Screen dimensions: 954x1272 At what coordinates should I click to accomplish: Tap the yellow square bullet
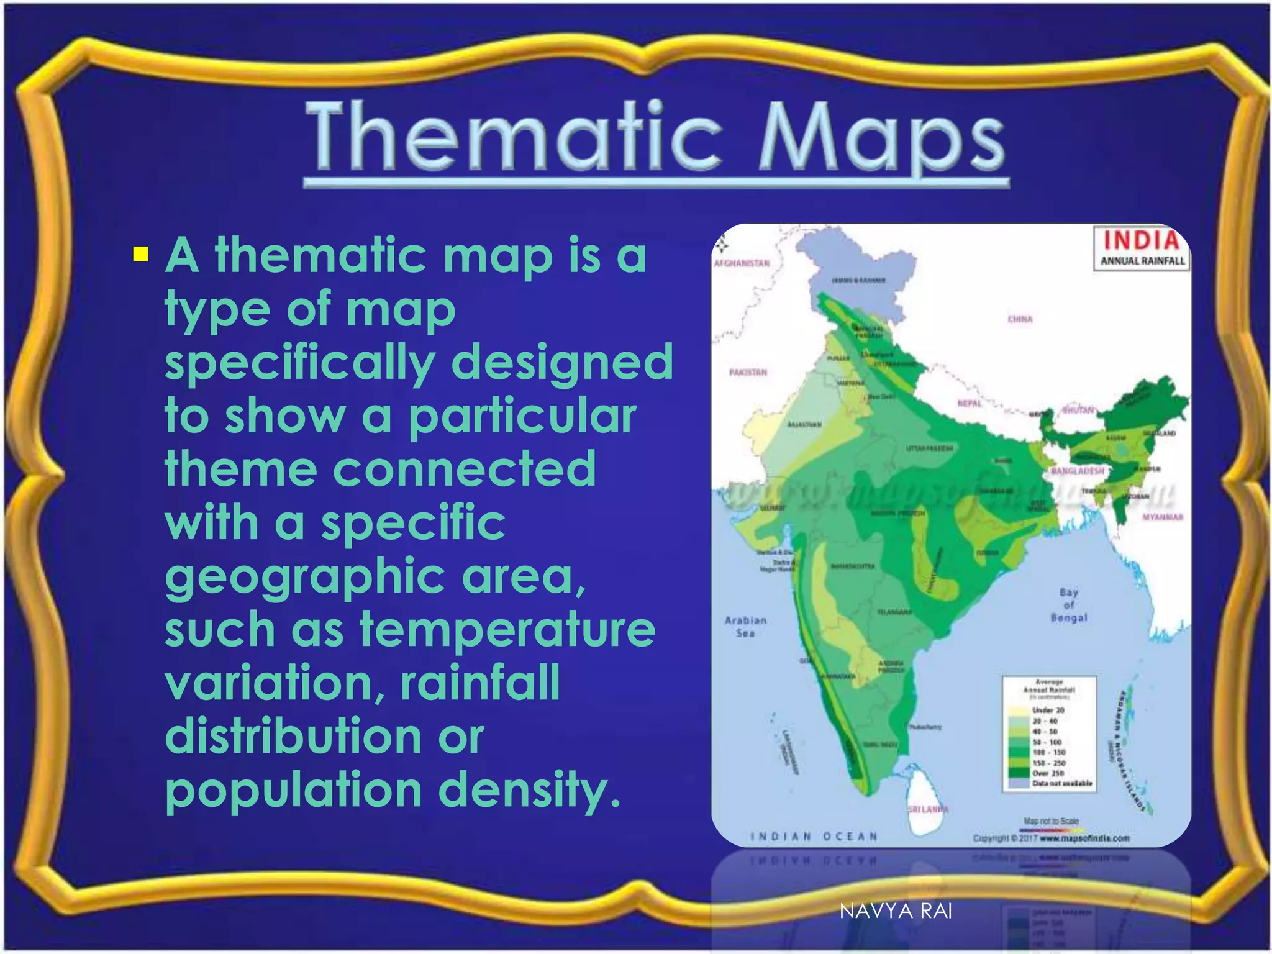point(141,255)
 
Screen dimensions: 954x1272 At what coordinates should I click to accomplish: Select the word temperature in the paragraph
point(507,629)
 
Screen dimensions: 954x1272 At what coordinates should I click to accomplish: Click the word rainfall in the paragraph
point(480,683)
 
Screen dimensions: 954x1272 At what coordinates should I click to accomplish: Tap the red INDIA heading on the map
point(1141,241)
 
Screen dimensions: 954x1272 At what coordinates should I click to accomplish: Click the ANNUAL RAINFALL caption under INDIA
point(1142,261)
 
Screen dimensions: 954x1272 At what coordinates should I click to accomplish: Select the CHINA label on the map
point(1020,319)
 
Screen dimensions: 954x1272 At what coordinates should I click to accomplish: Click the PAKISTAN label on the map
point(748,373)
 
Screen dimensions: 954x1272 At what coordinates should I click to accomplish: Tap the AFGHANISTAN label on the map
point(742,263)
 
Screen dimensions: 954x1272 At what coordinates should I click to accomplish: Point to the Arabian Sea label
point(745,627)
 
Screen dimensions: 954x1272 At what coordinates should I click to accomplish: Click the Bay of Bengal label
point(1068,605)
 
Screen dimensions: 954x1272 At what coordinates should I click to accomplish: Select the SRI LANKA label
point(928,809)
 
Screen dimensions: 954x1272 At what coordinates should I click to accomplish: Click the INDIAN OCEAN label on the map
point(814,837)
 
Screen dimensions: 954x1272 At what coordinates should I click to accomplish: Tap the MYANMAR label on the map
point(1162,517)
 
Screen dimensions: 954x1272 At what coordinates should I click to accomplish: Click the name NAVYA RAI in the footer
point(895,911)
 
